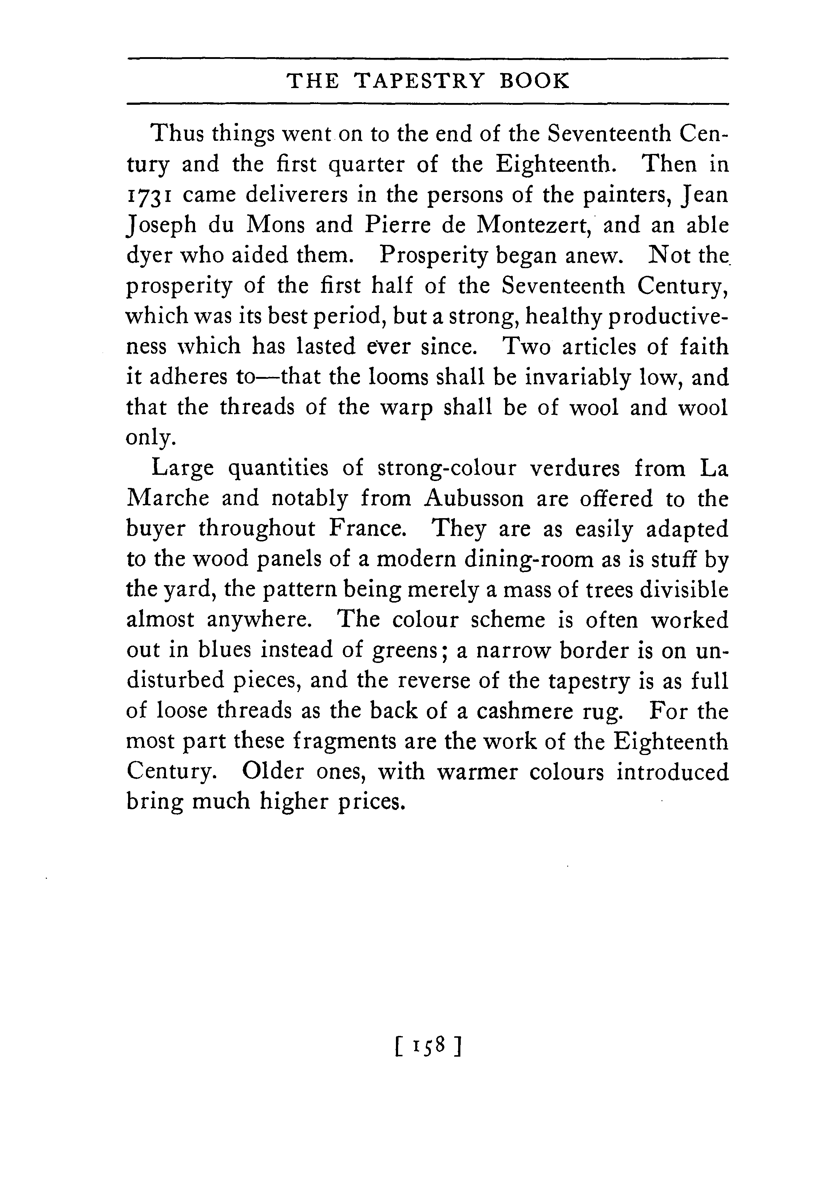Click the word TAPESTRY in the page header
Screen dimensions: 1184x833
pyautogui.click(x=420, y=82)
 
